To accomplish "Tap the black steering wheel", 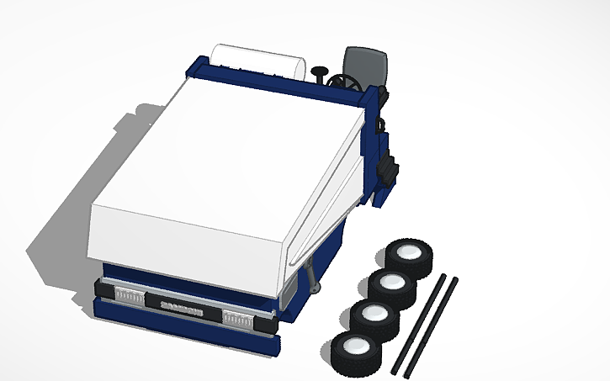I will coord(344,83).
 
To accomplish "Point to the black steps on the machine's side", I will coord(389,168).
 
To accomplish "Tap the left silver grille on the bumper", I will coord(128,295).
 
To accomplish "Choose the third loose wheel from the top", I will coord(374,318).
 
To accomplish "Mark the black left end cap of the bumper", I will coord(101,290).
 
